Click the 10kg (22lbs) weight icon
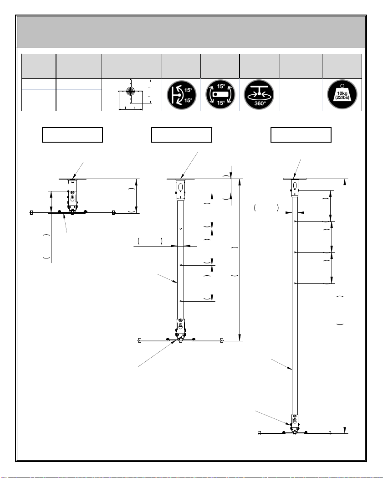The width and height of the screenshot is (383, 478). point(342,94)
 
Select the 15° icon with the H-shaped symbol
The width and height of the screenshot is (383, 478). point(181,94)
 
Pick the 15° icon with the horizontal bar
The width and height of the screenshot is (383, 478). point(221,94)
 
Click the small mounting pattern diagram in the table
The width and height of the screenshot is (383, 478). point(131,94)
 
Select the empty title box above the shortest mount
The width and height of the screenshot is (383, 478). point(72,135)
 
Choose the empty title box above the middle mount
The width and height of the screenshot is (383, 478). point(181,135)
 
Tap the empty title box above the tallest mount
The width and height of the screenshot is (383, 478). point(301,135)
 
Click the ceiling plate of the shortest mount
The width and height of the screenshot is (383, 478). point(72,179)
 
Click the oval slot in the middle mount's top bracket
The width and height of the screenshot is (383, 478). point(181,186)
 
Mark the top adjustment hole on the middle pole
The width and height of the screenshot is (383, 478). point(182,229)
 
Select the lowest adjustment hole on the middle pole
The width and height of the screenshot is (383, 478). point(182,301)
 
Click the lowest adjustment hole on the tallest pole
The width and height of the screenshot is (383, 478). point(296,283)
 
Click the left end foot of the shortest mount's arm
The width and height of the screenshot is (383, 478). point(31,212)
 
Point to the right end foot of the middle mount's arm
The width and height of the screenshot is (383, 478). point(221,340)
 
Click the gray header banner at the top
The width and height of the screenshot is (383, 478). point(191,31)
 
